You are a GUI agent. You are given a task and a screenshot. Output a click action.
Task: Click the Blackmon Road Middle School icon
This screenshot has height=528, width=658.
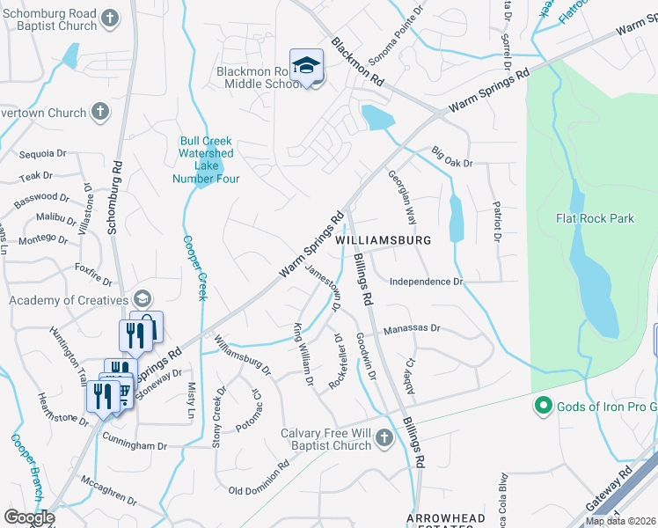click(x=306, y=66)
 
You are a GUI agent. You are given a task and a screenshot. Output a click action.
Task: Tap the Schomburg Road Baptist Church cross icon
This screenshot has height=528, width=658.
click(x=109, y=18)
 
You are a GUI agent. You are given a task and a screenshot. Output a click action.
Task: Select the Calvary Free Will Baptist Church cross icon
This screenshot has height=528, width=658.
click(x=383, y=437)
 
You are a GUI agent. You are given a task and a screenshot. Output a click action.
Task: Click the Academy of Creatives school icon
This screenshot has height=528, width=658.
click(x=142, y=300)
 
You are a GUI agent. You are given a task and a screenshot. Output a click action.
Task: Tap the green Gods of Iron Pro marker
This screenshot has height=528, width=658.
click(x=543, y=406)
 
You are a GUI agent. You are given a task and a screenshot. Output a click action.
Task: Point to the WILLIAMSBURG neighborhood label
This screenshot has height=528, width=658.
click(x=383, y=240)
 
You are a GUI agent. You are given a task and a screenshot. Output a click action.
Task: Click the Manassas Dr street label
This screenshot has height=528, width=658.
click(x=411, y=328)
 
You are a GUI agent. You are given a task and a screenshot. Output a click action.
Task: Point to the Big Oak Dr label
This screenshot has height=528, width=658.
click(x=452, y=158)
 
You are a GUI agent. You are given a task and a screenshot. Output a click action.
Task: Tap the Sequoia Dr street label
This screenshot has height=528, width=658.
click(x=42, y=151)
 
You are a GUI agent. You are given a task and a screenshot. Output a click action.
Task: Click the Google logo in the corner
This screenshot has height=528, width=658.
click(x=29, y=517)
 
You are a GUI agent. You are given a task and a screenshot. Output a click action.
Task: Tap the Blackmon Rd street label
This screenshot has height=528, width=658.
click(x=358, y=62)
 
